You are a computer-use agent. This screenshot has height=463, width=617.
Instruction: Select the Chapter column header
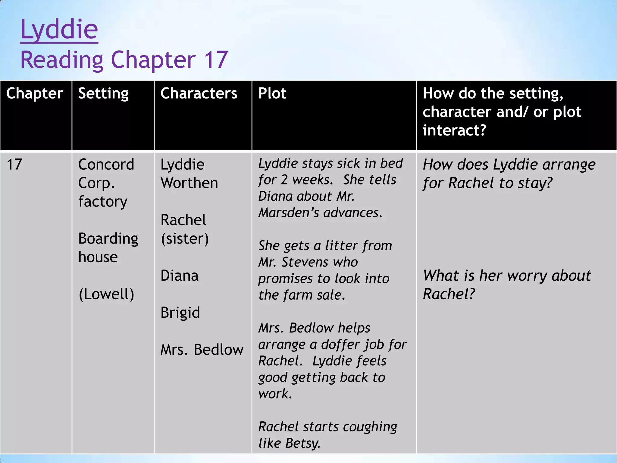coord(35,93)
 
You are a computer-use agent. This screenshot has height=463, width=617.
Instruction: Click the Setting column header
coord(103,93)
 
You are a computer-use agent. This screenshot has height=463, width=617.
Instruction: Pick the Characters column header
coord(199,93)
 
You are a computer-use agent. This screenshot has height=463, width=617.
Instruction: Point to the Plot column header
coord(272,93)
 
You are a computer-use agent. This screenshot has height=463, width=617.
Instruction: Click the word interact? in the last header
coord(454,130)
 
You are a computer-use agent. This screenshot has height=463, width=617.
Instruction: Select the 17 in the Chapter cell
coord(14,165)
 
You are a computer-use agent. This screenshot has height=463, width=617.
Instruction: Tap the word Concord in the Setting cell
coord(106,165)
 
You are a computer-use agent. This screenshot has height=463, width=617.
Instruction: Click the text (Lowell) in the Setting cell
coord(106,294)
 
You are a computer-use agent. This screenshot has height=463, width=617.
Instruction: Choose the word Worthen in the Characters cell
coord(189,183)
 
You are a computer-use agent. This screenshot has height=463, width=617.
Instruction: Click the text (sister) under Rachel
coord(185,239)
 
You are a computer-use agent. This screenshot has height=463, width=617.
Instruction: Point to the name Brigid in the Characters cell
coord(180,313)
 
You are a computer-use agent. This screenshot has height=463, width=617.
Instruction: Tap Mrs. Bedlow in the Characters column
coord(202,350)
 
